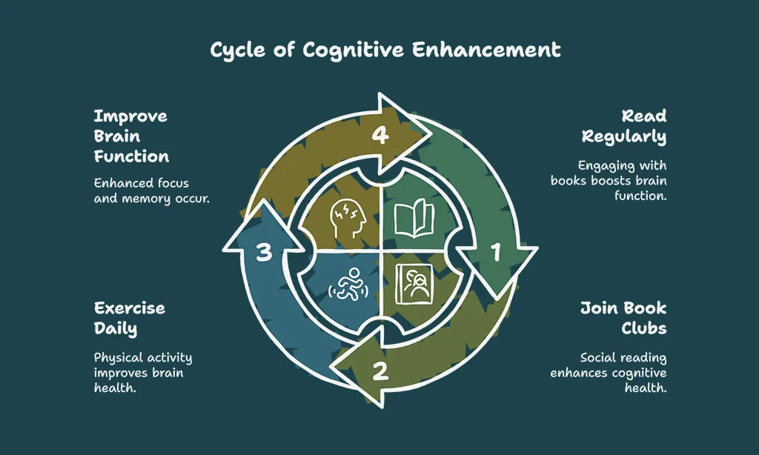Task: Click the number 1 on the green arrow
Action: click(496, 252)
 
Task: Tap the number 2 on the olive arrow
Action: click(380, 372)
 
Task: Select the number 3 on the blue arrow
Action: click(264, 253)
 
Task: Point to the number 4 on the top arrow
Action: click(380, 135)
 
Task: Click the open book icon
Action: click(414, 219)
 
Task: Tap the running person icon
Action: click(348, 284)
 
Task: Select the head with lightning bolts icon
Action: click(348, 219)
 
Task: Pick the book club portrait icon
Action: click(414, 284)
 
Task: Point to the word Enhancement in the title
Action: click(486, 50)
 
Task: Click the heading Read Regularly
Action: click(624, 126)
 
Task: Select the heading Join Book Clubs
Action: click(623, 317)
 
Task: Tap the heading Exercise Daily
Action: click(129, 319)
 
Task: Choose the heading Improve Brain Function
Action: click(131, 136)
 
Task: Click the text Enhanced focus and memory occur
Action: click(151, 190)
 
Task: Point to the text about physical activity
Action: click(143, 372)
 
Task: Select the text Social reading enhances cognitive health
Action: click(609, 372)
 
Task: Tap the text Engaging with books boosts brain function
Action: click(609, 181)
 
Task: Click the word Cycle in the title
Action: click(238, 50)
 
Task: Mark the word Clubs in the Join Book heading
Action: click(644, 328)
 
